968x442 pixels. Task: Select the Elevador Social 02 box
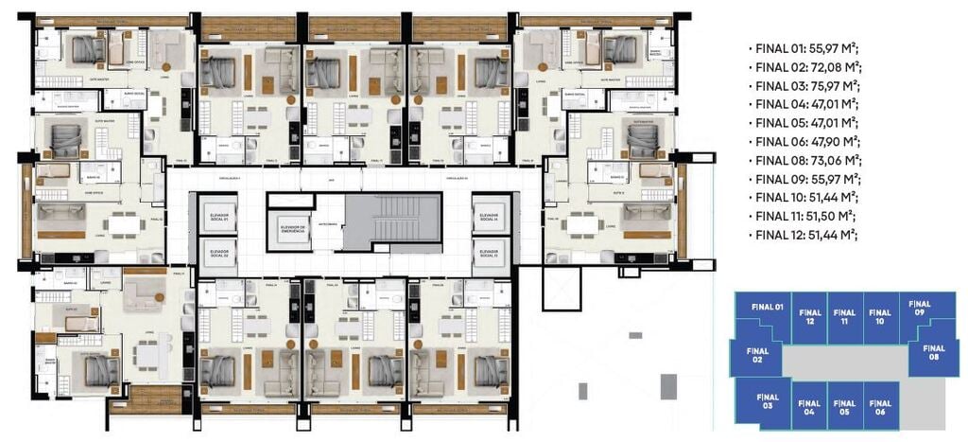point(219,255)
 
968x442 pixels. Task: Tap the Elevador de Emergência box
point(290,230)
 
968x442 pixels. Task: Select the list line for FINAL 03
point(806,86)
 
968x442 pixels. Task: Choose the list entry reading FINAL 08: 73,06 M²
point(806,160)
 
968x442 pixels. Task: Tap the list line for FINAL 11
point(806,216)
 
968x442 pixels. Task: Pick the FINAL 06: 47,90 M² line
point(806,141)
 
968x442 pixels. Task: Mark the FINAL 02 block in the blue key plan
point(758,355)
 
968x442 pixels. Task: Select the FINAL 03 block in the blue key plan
point(765,400)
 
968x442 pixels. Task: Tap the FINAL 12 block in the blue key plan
point(809,317)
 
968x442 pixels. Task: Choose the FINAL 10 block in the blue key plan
point(880,317)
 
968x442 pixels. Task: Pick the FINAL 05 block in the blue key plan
point(844,406)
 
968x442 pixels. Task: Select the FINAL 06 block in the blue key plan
point(880,406)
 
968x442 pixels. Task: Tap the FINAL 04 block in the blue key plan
point(809,406)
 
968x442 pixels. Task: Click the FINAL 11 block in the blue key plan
point(844,317)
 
